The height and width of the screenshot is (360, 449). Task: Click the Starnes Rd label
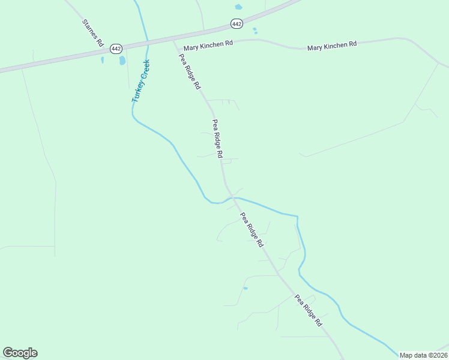click(93, 33)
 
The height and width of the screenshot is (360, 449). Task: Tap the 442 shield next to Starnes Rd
click(116, 48)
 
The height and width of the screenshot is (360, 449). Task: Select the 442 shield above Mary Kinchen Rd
click(237, 23)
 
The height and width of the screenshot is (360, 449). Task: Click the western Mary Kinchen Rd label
click(208, 45)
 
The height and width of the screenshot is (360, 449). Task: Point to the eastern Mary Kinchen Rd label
click(332, 45)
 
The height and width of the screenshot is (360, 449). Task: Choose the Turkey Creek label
click(140, 80)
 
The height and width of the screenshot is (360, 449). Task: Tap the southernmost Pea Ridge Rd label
click(309, 310)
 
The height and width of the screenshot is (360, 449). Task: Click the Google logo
click(20, 353)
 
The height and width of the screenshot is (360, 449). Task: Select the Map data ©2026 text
click(423, 355)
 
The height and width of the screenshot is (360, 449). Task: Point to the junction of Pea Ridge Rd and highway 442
click(174, 41)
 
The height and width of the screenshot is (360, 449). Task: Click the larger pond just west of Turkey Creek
click(122, 61)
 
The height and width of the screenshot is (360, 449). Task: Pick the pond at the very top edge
click(239, 7)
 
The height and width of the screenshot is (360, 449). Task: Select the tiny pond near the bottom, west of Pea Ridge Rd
click(245, 289)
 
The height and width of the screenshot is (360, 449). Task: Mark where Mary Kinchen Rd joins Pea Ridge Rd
click(179, 49)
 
